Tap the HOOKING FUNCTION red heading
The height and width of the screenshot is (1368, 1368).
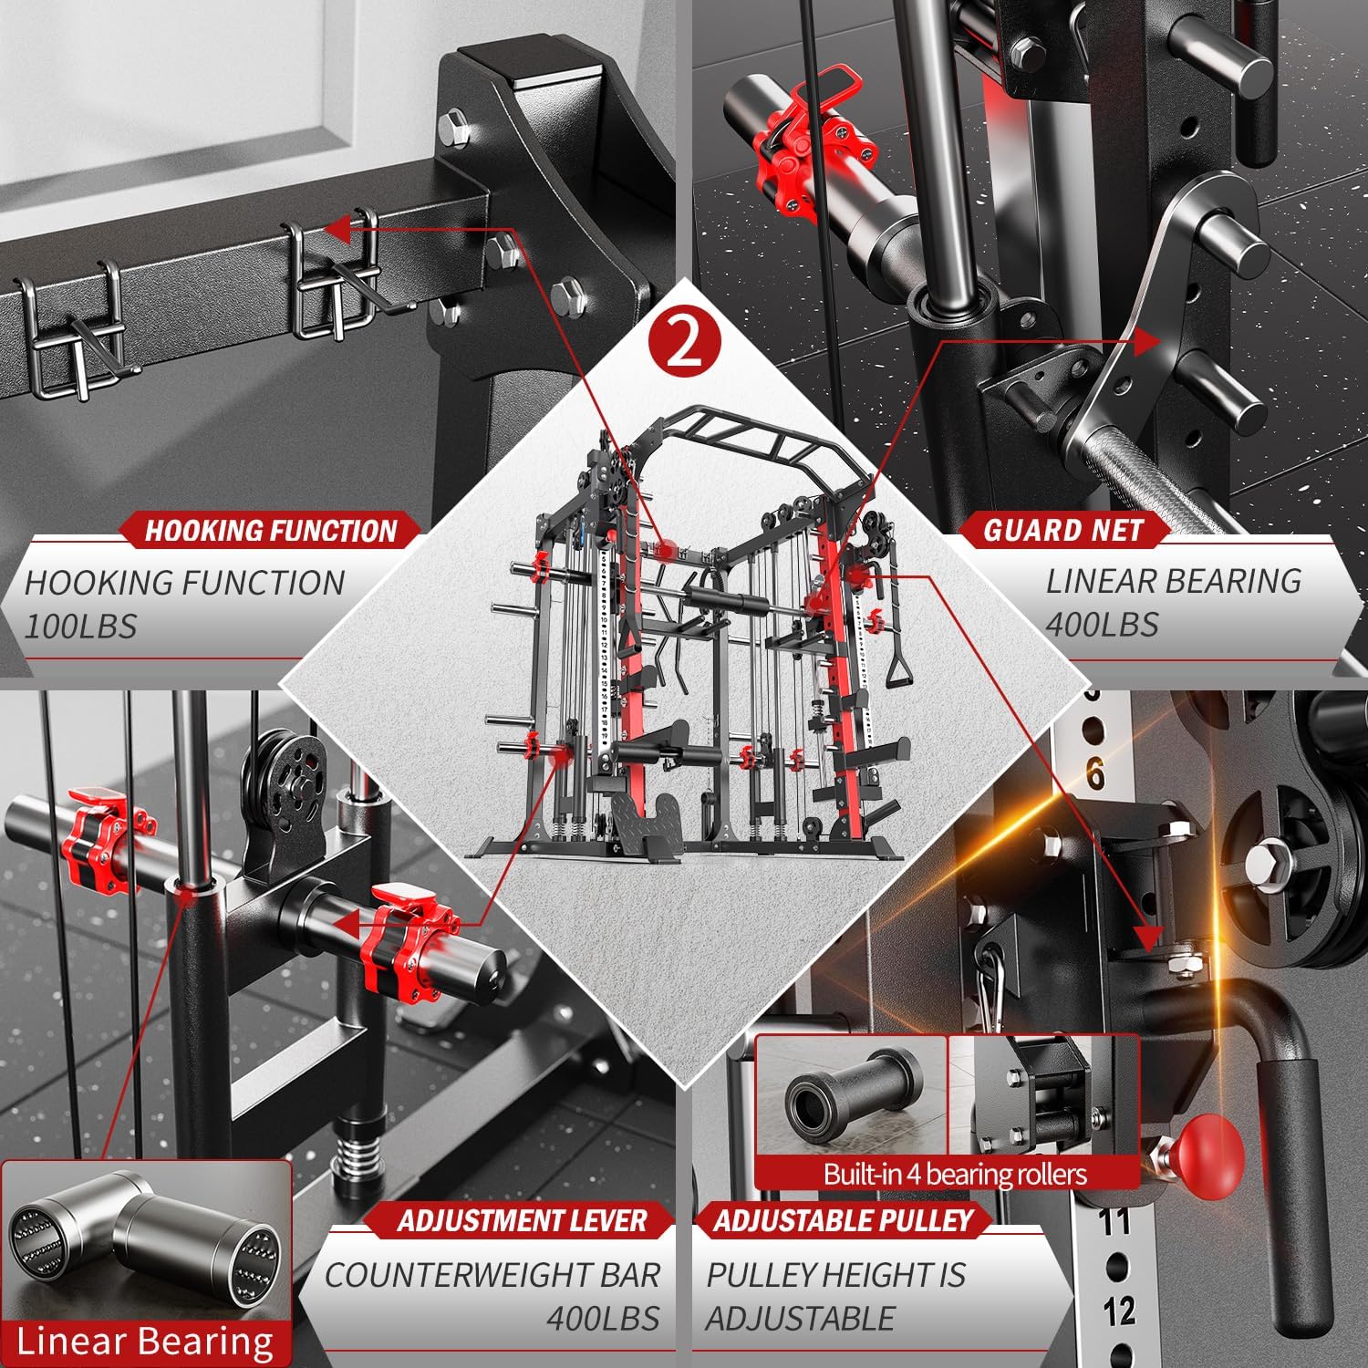271,531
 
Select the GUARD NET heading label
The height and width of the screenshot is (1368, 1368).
1062,530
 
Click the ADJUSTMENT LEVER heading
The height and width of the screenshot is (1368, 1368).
522,1220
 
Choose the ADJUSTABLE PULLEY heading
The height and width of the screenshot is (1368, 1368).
844,1220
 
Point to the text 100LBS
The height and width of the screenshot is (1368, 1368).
80,627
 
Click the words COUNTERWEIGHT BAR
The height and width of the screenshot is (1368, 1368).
492,1275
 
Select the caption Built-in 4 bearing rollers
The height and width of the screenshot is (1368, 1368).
955,1174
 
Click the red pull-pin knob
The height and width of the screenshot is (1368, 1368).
1209,1149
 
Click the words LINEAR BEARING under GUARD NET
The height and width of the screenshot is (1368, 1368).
1173,581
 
